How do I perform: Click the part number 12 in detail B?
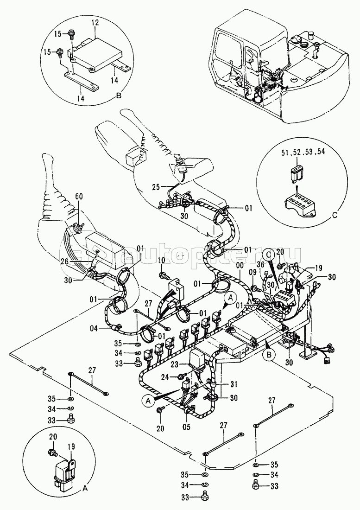point(95,24)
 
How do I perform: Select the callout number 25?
point(157,187)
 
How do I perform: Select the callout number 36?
point(260,264)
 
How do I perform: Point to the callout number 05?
point(186,427)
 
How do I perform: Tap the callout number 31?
point(234,384)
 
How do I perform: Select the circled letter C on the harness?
point(268,255)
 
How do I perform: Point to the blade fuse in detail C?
point(296,173)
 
